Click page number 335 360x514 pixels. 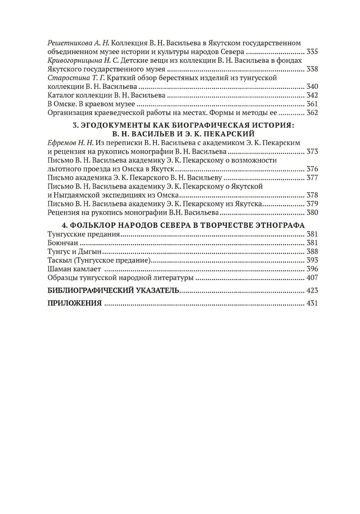click(x=312, y=52)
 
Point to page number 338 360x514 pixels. click(x=312, y=69)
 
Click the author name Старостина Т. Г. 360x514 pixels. click(x=76, y=78)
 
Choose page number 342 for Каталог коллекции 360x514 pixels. click(x=312, y=95)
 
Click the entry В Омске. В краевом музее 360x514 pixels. click(x=91, y=104)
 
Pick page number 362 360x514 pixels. click(x=312, y=112)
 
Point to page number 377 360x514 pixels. click(x=312, y=178)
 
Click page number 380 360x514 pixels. click(x=312, y=213)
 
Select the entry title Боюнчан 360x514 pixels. click(x=63, y=243)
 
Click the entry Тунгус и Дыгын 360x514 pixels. click(x=74, y=251)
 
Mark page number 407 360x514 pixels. click(x=312, y=277)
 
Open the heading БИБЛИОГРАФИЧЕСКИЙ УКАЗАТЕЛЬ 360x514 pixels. click(x=113, y=290)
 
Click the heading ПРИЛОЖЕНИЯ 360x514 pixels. click(x=74, y=303)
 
